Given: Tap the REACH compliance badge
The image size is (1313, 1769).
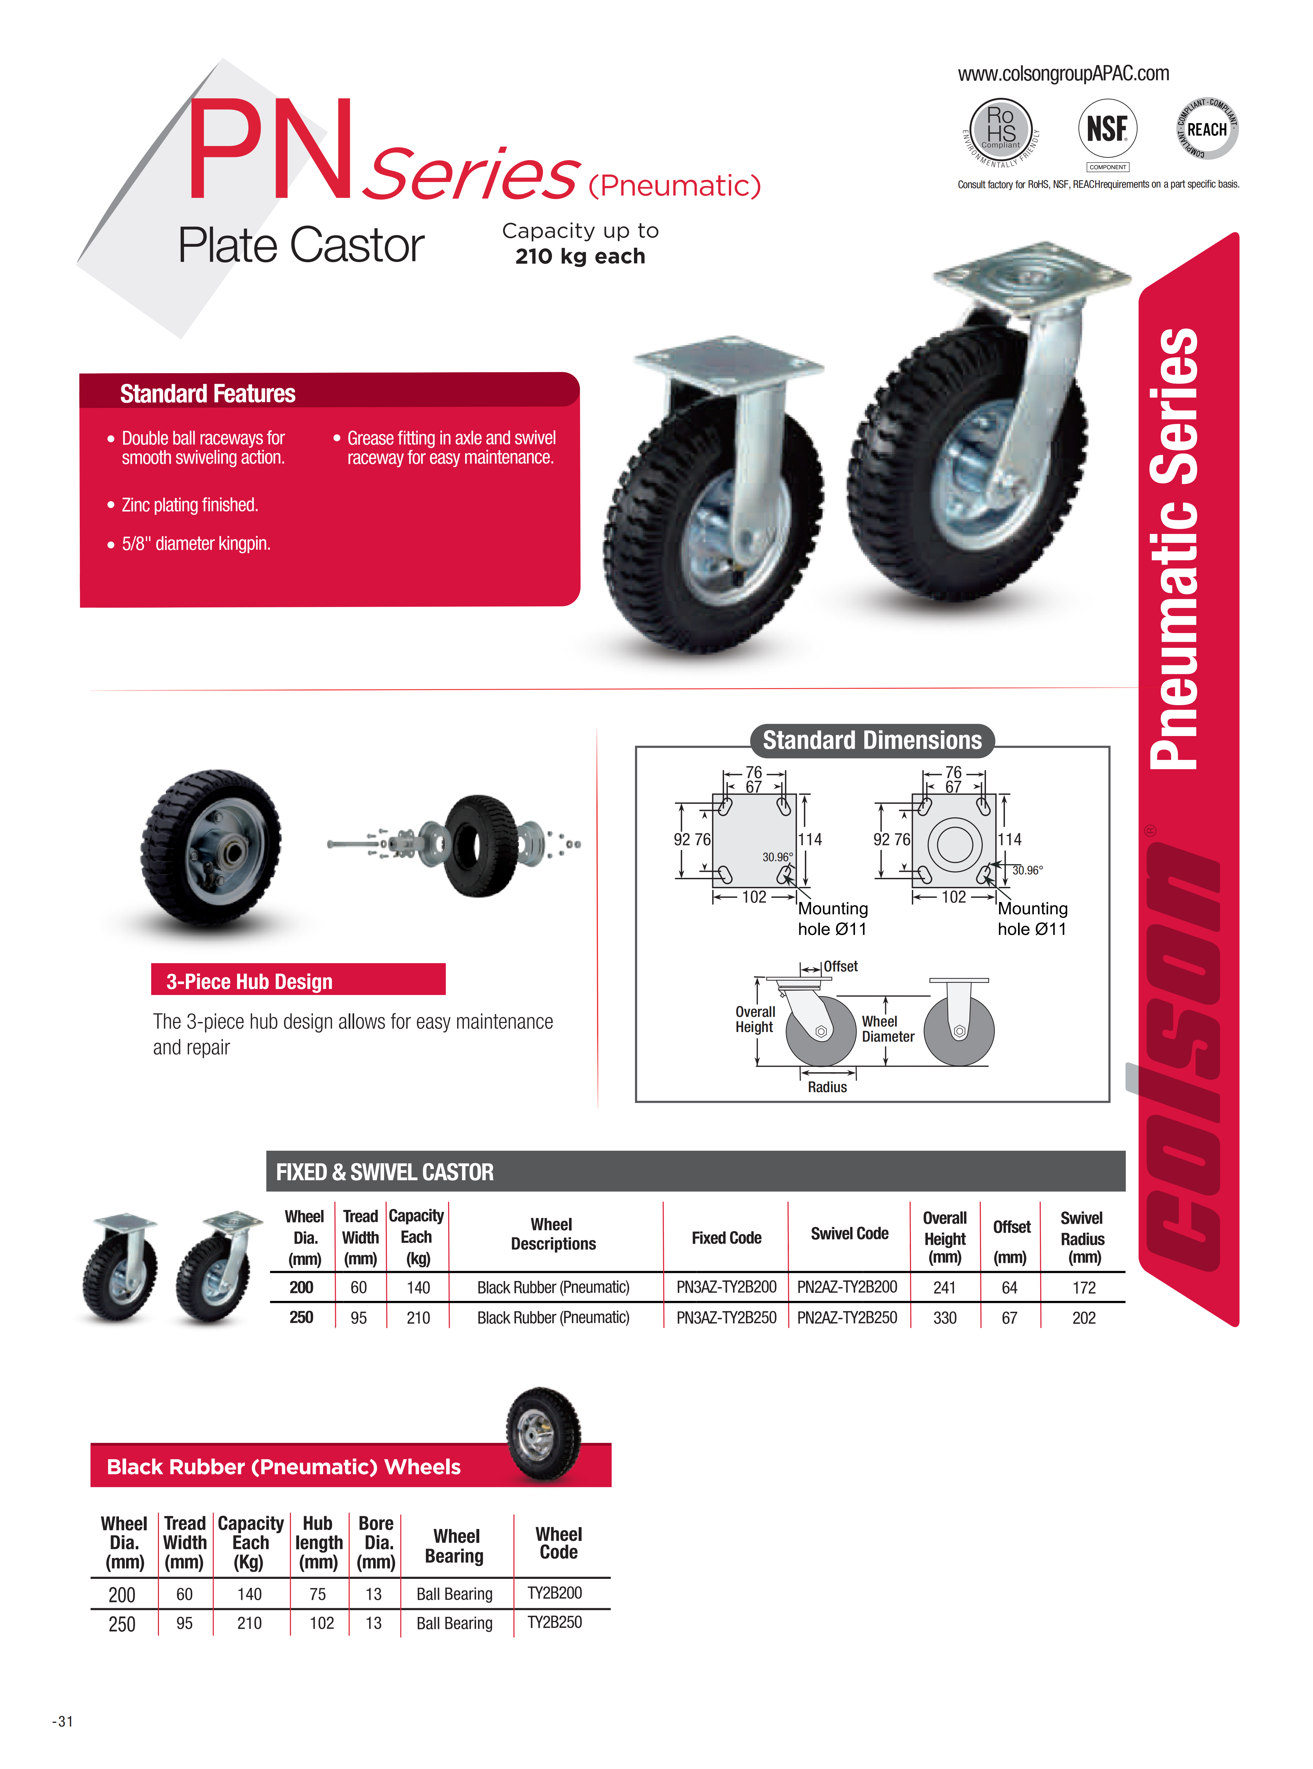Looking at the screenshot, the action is tap(1207, 129).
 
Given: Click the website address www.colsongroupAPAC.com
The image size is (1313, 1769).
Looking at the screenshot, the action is tap(1063, 74).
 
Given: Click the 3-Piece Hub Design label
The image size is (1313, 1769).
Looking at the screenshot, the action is tap(250, 981).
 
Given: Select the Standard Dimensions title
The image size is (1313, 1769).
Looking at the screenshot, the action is tap(872, 740).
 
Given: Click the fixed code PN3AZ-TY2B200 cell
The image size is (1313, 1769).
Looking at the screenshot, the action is tap(726, 1286).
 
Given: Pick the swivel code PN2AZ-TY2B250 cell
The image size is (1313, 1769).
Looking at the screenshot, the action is tap(847, 1317).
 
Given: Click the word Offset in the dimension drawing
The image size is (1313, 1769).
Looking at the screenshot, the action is tap(840, 966).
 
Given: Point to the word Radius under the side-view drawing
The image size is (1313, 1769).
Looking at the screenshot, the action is tap(827, 1087).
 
